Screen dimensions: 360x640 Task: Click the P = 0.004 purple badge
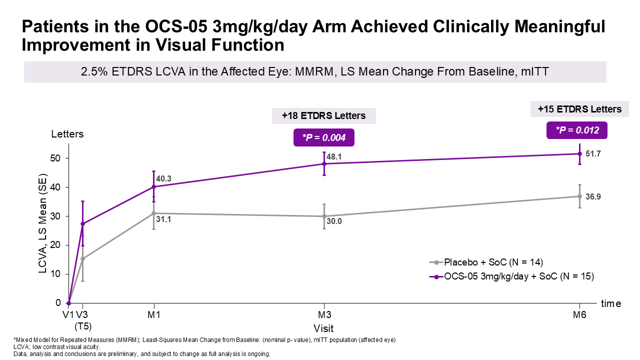pyautogui.click(x=323, y=137)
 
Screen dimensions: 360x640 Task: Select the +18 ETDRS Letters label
pyautogui.click(x=323, y=116)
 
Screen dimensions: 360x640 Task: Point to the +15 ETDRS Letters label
pyautogui.click(x=579, y=109)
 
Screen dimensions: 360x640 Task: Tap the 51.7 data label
pyautogui.click(x=593, y=153)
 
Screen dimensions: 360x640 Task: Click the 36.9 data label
pyautogui.click(x=593, y=196)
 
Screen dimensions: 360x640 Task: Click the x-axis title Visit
pyautogui.click(x=323, y=328)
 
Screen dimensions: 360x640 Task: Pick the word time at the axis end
pyautogui.click(x=611, y=303)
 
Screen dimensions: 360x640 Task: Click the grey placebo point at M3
pyautogui.click(x=324, y=216)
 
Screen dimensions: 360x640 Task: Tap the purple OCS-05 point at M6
pyautogui.click(x=579, y=153)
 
